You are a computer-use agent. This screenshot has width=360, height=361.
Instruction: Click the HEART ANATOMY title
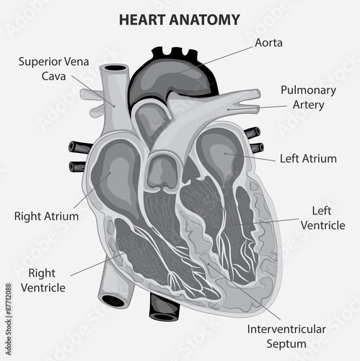[x=180, y=19]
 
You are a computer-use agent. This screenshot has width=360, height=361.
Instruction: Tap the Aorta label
[x=268, y=43]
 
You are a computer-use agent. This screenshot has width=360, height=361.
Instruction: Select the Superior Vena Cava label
[x=54, y=69]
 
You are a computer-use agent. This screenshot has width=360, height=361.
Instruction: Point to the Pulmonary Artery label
[x=308, y=97]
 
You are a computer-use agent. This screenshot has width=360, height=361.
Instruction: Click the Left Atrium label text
[x=308, y=159]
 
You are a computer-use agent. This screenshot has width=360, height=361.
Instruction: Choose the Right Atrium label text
[x=46, y=216]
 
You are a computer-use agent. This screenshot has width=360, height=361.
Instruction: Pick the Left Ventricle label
[x=322, y=218]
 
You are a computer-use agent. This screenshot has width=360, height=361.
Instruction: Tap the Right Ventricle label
[x=43, y=280]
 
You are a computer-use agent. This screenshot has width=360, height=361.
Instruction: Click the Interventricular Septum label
[x=286, y=336]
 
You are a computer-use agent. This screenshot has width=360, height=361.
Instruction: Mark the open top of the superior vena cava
[x=117, y=68]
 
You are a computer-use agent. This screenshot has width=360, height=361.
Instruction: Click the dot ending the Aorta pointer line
[x=178, y=73]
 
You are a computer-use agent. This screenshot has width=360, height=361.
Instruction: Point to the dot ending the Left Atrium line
[x=225, y=153]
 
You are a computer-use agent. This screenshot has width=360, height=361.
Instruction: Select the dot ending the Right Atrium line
[x=110, y=173]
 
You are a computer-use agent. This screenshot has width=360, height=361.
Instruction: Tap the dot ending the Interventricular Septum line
[x=208, y=264]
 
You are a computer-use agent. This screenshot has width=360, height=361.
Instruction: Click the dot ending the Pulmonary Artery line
[x=229, y=110]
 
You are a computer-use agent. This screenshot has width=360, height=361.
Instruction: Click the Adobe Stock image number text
[x=9, y=319]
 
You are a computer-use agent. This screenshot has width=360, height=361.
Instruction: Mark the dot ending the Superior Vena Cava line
[x=114, y=106]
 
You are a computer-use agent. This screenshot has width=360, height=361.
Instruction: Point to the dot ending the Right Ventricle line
[x=139, y=246]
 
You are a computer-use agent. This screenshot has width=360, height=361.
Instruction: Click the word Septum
[x=286, y=344]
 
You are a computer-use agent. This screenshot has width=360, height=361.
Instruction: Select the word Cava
[x=53, y=77]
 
